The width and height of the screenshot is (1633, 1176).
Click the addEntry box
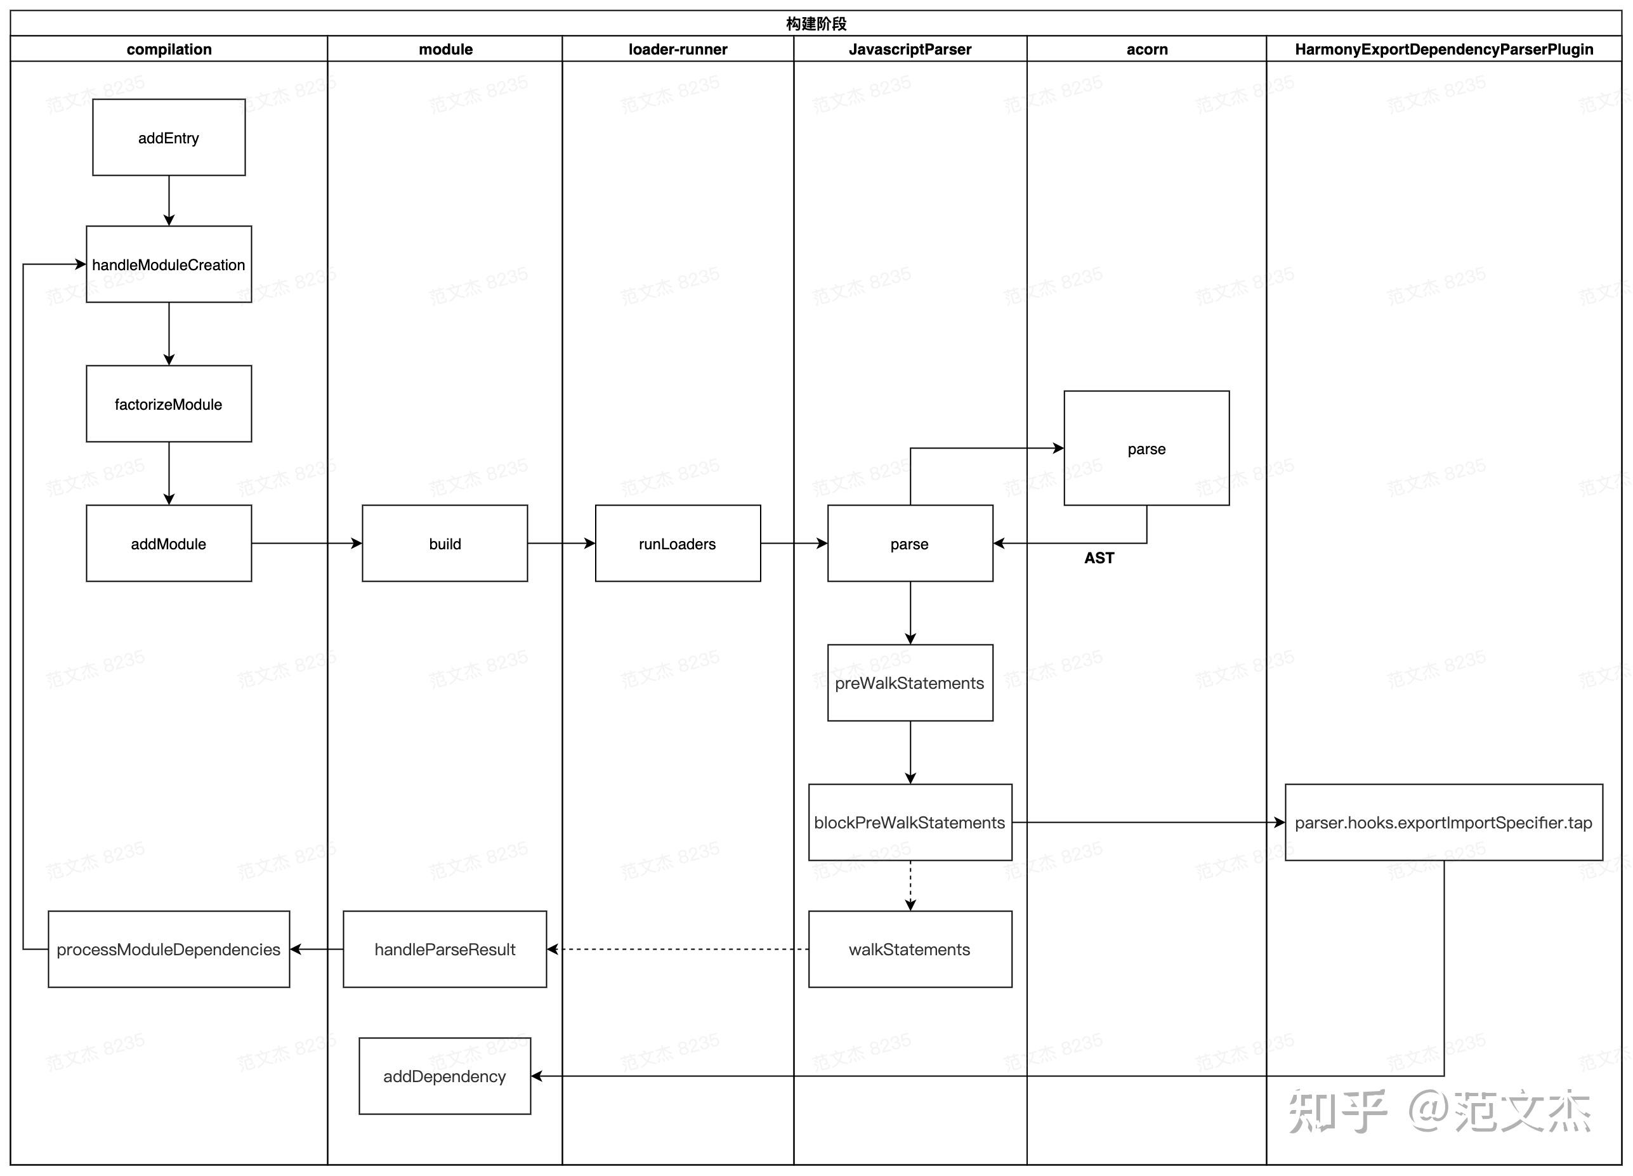(x=169, y=138)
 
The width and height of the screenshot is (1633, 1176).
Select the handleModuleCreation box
(x=169, y=264)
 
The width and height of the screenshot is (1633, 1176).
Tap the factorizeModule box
(x=169, y=404)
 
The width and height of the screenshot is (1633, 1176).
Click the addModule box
(x=169, y=544)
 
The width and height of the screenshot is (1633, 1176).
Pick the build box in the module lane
(x=444, y=544)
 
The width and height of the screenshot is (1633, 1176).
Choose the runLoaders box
(x=677, y=544)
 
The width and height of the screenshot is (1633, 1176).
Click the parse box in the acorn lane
(x=1146, y=448)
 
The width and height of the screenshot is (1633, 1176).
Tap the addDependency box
(x=444, y=1075)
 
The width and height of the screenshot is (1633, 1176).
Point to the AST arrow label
(x=1099, y=558)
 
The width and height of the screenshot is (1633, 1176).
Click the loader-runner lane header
(x=678, y=49)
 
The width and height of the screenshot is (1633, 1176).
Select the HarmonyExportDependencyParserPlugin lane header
(x=1444, y=49)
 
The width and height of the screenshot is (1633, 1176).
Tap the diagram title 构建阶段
(x=816, y=23)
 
